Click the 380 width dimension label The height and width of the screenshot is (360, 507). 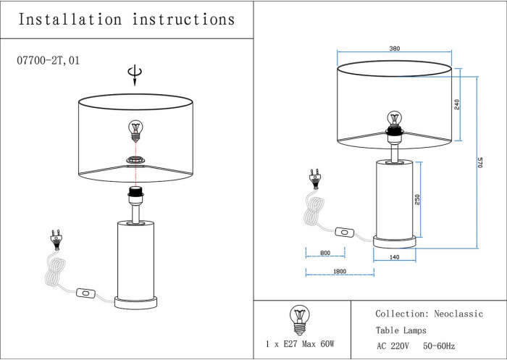pyautogui.click(x=394, y=49)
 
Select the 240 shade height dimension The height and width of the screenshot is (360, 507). pyautogui.click(x=457, y=104)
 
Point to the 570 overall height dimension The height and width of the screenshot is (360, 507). pyautogui.click(x=479, y=163)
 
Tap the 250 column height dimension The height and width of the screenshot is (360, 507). pyautogui.click(x=417, y=200)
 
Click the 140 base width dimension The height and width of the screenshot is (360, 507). pyautogui.click(x=395, y=256)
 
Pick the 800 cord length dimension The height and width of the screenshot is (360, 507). pyautogui.click(x=324, y=254)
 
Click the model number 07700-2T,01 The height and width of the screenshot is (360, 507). pyautogui.click(x=48, y=61)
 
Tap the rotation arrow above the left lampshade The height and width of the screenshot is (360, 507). pyautogui.click(x=133, y=74)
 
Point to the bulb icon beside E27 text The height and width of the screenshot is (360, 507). pyautogui.click(x=298, y=317)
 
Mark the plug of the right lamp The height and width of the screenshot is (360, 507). pyautogui.click(x=315, y=177)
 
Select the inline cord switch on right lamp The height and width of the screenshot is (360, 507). pyautogui.click(x=345, y=233)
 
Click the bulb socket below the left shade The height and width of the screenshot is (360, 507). pyautogui.click(x=135, y=193)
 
